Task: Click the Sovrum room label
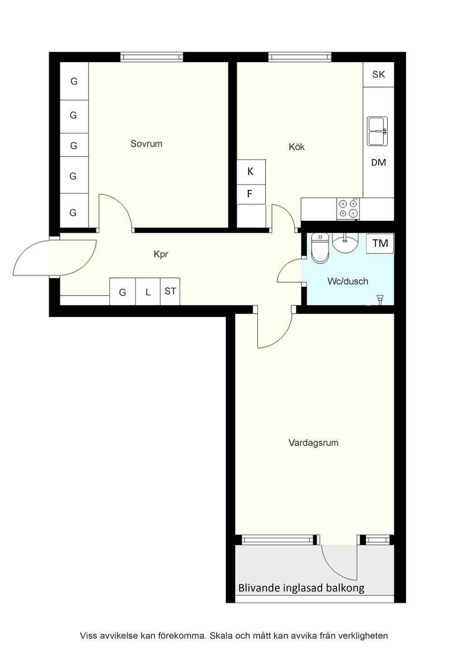point(146,144)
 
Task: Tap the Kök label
point(296,147)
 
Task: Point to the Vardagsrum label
point(314,443)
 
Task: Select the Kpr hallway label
point(161,254)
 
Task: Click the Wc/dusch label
point(348,281)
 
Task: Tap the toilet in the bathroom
point(319,248)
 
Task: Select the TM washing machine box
point(380,243)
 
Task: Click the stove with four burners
point(348,208)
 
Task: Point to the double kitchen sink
point(377,131)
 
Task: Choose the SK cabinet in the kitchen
point(378,74)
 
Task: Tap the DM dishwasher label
point(378,163)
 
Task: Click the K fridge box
point(251,172)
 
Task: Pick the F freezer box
point(251,194)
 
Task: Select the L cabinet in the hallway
point(148,291)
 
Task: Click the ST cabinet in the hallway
point(170,291)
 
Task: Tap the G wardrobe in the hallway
point(122,291)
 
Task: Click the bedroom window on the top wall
point(151,57)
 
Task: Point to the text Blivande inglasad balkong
point(301,588)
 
